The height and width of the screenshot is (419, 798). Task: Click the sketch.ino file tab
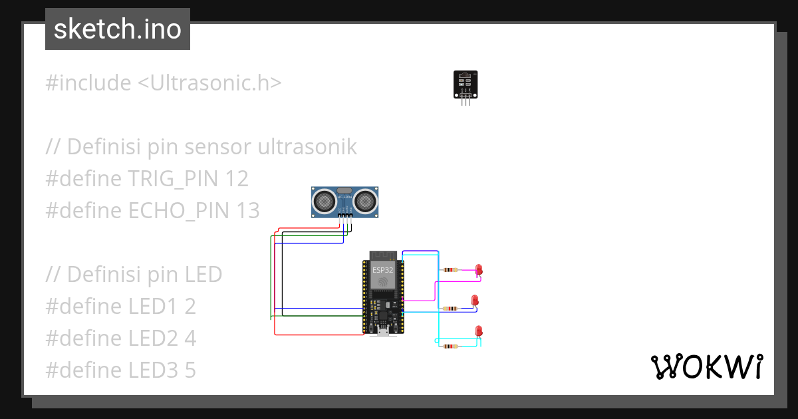[x=118, y=29]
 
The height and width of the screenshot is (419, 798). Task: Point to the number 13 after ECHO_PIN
[x=247, y=210]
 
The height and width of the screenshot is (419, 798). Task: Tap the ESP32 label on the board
[x=382, y=270]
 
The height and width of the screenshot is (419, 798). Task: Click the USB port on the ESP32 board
[x=383, y=331]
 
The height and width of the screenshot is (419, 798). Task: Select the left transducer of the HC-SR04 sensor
[x=325, y=199]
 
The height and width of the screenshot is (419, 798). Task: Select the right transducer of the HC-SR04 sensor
[x=365, y=199]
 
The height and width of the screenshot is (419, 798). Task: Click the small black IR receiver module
[x=465, y=84]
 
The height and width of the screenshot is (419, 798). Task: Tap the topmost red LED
[x=478, y=269]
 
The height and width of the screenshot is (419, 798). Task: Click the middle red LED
[x=475, y=300]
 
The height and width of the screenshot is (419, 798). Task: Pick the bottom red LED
[x=478, y=331]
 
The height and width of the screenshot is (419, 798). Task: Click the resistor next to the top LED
[x=450, y=270]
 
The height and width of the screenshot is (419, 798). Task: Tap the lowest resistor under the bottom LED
[x=451, y=347]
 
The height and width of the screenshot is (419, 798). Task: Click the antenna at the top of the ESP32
[x=383, y=255]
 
